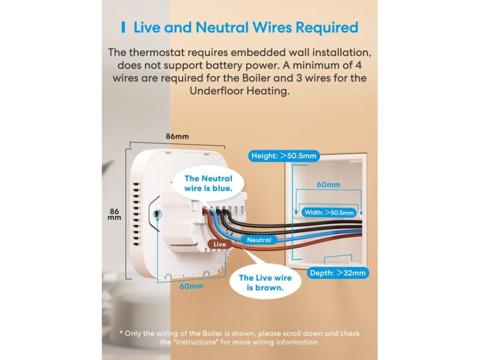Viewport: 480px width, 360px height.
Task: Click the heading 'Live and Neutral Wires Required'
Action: click(x=246, y=27)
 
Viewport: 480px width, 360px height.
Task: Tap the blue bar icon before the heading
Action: click(x=123, y=27)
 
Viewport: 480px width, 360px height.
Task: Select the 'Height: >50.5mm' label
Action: click(x=284, y=156)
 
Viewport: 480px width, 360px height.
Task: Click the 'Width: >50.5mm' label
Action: click(x=329, y=212)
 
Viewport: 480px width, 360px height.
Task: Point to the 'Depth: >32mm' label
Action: click(x=337, y=273)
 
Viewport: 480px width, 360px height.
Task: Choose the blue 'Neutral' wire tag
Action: click(x=259, y=240)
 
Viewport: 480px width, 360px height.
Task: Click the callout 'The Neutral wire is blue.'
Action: click(x=208, y=183)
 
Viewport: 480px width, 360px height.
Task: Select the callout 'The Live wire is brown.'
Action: click(x=265, y=283)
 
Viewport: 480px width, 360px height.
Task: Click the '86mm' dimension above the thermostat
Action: click(x=177, y=136)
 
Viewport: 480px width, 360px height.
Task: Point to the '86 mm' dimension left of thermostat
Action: click(x=114, y=214)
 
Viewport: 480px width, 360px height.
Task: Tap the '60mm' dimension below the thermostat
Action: click(x=191, y=286)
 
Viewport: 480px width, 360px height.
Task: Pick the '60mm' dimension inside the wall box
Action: click(x=328, y=185)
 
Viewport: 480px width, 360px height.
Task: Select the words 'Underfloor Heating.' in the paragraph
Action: click(x=240, y=91)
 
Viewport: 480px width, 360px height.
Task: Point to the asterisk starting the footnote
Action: click(x=121, y=333)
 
